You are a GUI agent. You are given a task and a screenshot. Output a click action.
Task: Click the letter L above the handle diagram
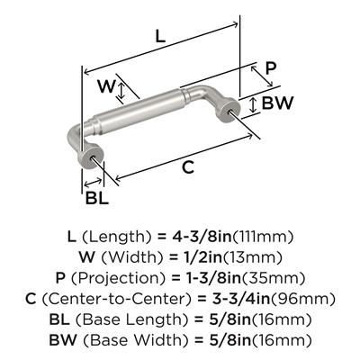tap(160, 37)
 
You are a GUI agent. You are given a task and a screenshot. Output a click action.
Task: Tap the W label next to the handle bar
tap(106, 86)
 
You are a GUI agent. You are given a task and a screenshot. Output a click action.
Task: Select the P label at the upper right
tap(271, 68)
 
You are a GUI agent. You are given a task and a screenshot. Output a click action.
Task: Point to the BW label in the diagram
tap(277, 103)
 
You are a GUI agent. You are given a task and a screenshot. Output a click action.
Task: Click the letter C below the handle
tap(188, 166)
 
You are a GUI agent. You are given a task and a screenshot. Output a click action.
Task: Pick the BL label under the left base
tap(96, 198)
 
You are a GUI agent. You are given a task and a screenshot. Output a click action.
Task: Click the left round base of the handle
tap(90, 156)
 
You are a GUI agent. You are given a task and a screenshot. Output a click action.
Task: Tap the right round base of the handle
tap(230, 110)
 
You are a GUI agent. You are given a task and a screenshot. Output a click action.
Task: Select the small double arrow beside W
tap(121, 92)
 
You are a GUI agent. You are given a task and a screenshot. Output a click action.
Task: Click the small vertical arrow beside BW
tap(254, 105)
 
